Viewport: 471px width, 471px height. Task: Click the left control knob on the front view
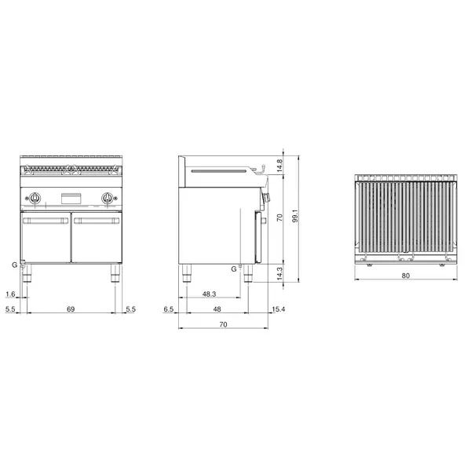36,197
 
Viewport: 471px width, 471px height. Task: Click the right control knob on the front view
106,197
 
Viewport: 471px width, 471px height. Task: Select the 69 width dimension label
71,311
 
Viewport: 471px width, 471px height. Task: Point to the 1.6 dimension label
10,294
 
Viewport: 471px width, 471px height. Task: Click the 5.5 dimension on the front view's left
10,311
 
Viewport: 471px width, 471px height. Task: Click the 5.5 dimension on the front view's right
130,311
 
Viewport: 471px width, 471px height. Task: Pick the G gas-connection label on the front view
14,265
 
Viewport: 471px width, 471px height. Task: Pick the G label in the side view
233,269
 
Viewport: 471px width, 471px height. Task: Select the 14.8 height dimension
279,166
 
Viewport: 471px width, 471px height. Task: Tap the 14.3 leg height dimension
279,272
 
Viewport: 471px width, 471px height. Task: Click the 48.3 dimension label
210,294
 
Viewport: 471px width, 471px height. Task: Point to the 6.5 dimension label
168,311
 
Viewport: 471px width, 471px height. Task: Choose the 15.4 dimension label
278,311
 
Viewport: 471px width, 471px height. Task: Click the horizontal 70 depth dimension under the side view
222,323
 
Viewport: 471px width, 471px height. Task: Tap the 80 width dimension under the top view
405,276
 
